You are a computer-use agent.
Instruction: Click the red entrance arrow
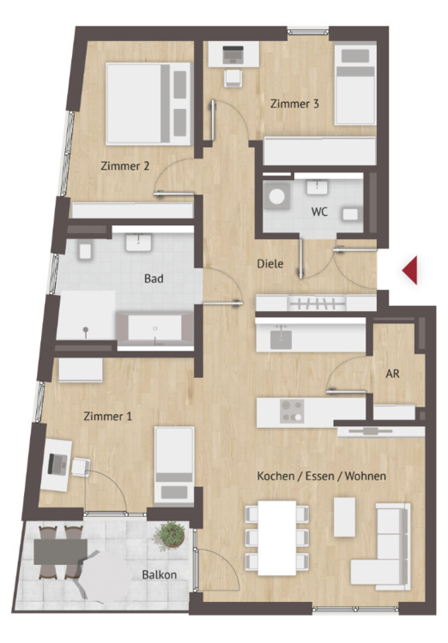pos(411,270)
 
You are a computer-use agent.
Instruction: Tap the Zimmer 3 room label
pos(294,104)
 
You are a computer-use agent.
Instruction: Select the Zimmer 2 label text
pos(124,166)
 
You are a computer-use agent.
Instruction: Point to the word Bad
pos(154,279)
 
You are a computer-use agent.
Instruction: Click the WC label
pos(319,212)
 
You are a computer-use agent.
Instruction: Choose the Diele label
pos(270,264)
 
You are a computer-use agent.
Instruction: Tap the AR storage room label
pos(392,374)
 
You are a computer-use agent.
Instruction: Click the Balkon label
pos(160,575)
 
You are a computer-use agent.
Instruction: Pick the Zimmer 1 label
pos(107,416)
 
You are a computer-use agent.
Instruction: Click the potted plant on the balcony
pos(170,534)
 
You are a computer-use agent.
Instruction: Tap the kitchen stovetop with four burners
pos(292,412)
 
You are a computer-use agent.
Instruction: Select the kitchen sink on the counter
pos(281,339)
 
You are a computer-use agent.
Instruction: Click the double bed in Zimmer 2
pos(148,104)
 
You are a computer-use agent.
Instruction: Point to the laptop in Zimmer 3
pos(233,55)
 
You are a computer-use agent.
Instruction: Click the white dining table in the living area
pos(277,538)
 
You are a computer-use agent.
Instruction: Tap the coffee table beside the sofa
pos(344,517)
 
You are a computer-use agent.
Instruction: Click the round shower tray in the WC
pos(277,196)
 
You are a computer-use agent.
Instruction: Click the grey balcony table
pos(60,551)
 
